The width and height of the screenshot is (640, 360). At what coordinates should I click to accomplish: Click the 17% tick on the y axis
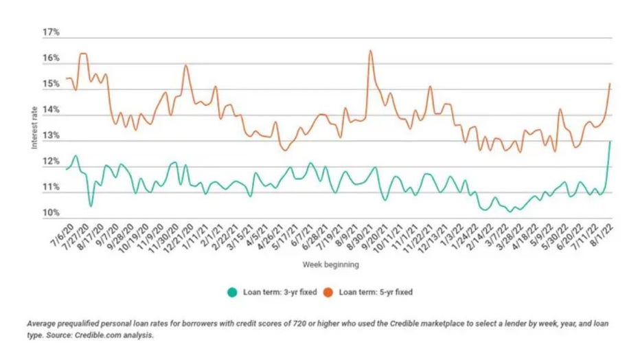click(x=51, y=32)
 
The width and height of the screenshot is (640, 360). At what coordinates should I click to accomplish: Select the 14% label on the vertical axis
click(x=51, y=110)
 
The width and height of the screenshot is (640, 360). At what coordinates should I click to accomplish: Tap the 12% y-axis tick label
click(x=51, y=162)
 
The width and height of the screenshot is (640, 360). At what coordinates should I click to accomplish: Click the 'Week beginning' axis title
click(x=330, y=263)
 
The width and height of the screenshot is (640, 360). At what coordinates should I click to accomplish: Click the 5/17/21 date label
click(x=285, y=234)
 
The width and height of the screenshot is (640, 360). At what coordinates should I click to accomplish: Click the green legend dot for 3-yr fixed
click(x=231, y=291)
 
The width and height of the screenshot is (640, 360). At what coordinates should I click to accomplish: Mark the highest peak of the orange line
click(x=371, y=50)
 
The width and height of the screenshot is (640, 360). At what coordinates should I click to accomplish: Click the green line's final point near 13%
click(x=610, y=141)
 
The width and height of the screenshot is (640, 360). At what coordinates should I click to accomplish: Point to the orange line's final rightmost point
click(x=610, y=84)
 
